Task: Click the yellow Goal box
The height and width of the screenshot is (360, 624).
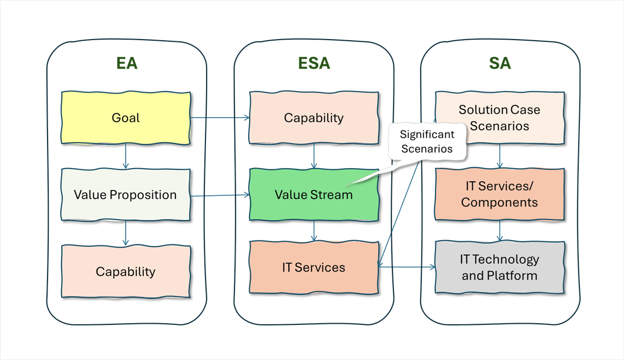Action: (126, 118)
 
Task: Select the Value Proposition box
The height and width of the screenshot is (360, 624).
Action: (126, 195)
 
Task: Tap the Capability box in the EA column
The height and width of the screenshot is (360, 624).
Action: (126, 271)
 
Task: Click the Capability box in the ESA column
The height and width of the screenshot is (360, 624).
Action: (314, 118)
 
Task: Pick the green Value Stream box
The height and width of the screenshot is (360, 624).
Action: (314, 195)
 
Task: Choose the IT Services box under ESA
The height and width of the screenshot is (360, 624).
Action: (314, 267)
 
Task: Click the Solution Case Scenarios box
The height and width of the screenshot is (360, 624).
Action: (499, 117)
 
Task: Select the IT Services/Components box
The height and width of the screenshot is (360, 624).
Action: (499, 194)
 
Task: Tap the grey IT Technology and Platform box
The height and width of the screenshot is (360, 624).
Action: (499, 267)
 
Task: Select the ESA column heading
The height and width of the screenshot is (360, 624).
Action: (314, 63)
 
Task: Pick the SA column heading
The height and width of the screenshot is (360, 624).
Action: (500, 63)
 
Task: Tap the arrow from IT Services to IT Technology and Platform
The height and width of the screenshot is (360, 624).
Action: (407, 267)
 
